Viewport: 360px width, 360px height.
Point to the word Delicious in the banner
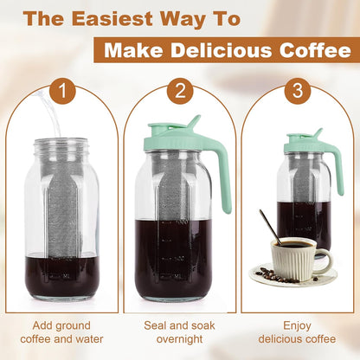215,52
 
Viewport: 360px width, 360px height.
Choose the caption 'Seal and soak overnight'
181,329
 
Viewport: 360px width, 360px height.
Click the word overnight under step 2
181,337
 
